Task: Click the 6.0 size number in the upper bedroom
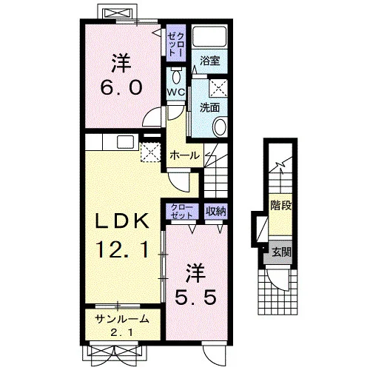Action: pyautogui.click(x=121, y=87)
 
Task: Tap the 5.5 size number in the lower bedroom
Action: pyautogui.click(x=196, y=297)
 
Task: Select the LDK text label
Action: pyautogui.click(x=123, y=221)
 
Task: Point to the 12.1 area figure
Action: pyautogui.click(x=123, y=249)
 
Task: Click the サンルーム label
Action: pyautogui.click(x=122, y=319)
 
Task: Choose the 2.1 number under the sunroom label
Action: pyautogui.click(x=122, y=333)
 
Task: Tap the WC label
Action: pyautogui.click(x=176, y=92)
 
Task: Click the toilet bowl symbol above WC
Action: pyautogui.click(x=176, y=77)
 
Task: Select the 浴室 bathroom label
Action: pyautogui.click(x=209, y=61)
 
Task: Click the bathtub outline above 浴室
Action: pyautogui.click(x=209, y=36)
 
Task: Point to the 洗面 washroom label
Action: pyautogui.click(x=209, y=107)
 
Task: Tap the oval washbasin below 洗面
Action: pyautogui.click(x=220, y=127)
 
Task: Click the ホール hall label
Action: pyautogui.click(x=184, y=155)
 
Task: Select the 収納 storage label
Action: pyautogui.click(x=216, y=211)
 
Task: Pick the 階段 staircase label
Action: pyautogui.click(x=281, y=205)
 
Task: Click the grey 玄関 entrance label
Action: pyautogui.click(x=281, y=252)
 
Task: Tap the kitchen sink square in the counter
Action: pyautogui.click(x=125, y=142)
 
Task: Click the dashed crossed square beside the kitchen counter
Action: pyautogui.click(x=151, y=152)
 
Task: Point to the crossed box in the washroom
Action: pyautogui.click(x=218, y=88)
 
